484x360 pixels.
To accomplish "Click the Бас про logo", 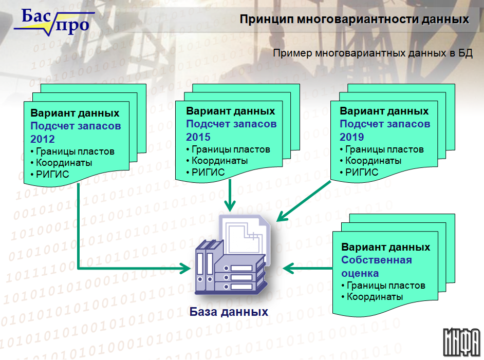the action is (x=54, y=22).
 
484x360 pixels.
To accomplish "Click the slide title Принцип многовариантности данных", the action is (x=355, y=19).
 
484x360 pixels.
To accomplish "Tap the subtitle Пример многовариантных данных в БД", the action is (x=373, y=53).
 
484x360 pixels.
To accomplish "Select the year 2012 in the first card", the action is (x=43, y=139).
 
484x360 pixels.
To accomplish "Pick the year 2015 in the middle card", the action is (x=198, y=137).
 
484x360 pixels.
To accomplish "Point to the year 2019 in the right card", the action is (x=352, y=137).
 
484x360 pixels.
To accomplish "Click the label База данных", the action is (x=229, y=312).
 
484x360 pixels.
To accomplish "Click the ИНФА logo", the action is (x=462, y=342).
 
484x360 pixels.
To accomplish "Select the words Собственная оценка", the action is (x=377, y=267).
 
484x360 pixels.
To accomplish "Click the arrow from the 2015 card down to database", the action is (x=230, y=195).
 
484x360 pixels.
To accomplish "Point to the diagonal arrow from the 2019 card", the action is (x=304, y=201).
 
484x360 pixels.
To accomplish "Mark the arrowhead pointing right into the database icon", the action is (x=185, y=269).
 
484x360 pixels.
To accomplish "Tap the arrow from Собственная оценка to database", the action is (x=307, y=269).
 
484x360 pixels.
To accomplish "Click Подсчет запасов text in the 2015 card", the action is (x=231, y=124).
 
